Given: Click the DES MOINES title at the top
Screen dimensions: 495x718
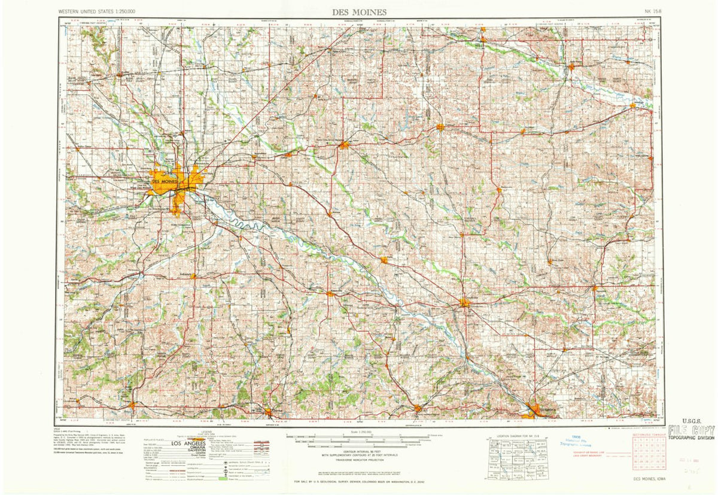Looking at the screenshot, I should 359,11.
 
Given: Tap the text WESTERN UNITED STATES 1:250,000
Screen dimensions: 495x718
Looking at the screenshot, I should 101,11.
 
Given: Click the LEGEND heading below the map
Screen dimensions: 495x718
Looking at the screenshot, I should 207,432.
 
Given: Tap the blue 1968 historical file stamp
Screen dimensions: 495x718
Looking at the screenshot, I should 576,441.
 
